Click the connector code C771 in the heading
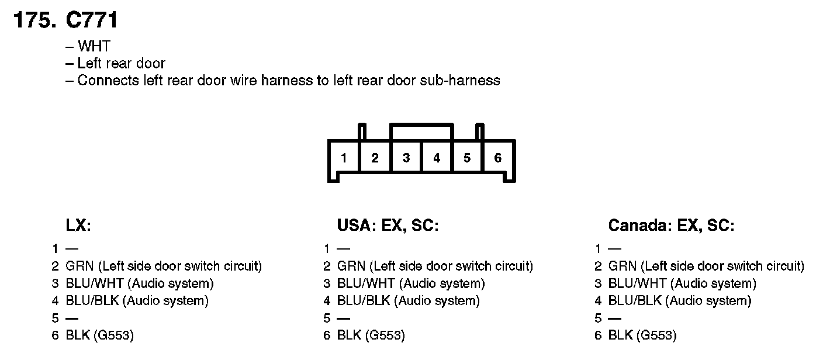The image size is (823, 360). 92,20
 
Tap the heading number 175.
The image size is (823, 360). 34,20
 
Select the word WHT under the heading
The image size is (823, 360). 94,47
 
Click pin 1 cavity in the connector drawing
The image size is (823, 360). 344,158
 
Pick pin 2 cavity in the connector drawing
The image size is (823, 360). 375,158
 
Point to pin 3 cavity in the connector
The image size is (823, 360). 406,158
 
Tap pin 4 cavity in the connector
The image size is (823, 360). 437,158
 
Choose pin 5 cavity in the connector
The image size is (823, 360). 467,158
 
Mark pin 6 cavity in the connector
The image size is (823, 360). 498,158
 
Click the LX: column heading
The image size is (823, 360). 78,226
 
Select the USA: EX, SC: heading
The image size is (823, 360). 388,226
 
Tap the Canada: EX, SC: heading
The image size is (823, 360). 671,226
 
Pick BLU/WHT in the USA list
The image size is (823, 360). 366,284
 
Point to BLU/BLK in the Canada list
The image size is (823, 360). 635,301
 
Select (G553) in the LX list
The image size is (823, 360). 113,335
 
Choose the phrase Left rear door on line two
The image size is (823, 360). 122,63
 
